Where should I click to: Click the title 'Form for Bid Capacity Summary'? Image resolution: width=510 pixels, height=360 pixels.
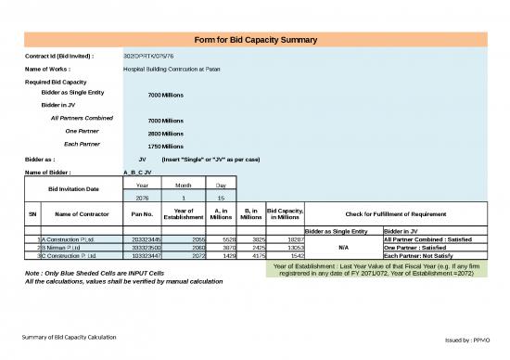(255, 40)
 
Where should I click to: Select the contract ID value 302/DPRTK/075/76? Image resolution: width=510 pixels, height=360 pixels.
(148, 57)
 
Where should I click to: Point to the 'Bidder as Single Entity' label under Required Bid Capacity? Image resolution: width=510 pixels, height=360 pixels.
(73, 93)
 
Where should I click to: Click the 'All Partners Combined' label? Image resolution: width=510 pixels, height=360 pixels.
(82, 118)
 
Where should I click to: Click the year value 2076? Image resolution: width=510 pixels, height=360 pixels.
(142, 198)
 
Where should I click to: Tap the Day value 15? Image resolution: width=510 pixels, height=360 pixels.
(221, 198)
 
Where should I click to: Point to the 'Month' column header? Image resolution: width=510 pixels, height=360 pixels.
(183, 186)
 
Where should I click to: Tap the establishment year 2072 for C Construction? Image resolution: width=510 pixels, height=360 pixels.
(185, 255)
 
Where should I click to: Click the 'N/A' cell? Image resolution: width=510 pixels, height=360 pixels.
(342, 248)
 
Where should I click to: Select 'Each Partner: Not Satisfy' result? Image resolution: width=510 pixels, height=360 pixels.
(423, 255)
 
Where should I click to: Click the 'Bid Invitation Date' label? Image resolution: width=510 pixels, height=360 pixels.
(73, 190)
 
